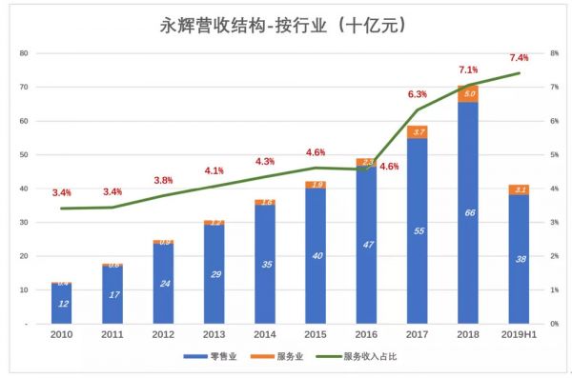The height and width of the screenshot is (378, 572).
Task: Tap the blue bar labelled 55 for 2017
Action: click(417, 231)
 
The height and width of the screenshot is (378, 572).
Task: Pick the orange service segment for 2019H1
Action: click(519, 189)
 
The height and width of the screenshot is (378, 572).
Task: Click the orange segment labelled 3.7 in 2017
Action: click(417, 131)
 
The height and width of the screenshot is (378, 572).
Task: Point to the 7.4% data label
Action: click(519, 58)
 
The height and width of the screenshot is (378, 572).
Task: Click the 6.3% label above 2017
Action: click(417, 94)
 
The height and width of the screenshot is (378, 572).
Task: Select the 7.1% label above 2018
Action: click(468, 70)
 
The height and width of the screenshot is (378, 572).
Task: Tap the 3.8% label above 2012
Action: click(163, 180)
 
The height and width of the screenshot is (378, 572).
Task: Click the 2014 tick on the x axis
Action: click(265, 336)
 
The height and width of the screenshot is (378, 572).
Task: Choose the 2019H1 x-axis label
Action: click(519, 336)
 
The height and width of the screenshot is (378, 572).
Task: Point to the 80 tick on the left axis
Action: click(23, 53)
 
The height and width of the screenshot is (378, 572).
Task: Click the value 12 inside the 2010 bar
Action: click(62, 304)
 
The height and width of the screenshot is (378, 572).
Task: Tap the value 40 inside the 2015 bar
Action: click(316, 256)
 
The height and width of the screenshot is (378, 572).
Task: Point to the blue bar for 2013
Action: click(214, 274)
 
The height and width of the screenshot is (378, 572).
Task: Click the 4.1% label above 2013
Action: click(214, 170)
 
